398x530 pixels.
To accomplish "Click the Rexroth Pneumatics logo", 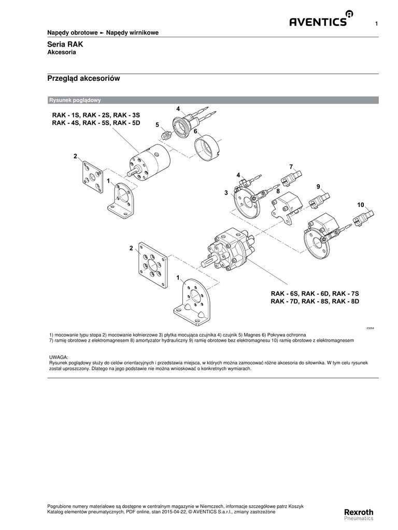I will coord(359,514).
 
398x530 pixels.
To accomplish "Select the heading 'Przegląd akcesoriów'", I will coord(83,79).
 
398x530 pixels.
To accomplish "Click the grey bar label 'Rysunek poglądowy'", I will coord(74,100).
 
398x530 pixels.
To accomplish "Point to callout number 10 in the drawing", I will coord(361,205).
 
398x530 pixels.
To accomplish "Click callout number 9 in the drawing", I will coord(318,186).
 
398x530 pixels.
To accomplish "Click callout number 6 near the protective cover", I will coord(196,131).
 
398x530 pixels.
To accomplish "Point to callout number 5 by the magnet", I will coord(158,125).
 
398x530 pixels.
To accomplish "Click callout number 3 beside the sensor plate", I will coord(226,193).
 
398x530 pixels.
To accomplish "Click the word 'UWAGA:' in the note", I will coord(59,358).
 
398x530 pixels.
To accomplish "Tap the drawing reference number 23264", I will coord(370,328).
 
